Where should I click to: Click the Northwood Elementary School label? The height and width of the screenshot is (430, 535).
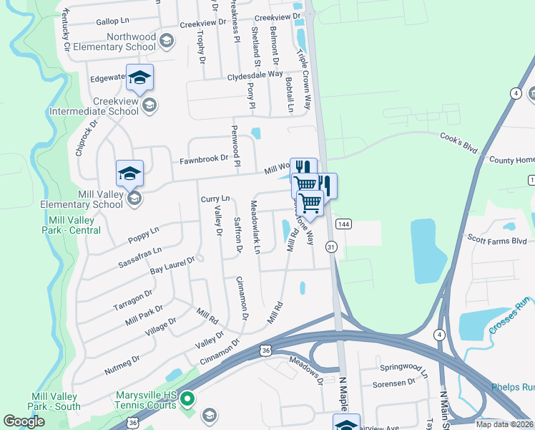(x=131, y=42)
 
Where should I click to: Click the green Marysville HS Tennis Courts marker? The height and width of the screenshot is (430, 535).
(x=187, y=398)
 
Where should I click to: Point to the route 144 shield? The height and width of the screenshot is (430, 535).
(x=343, y=224)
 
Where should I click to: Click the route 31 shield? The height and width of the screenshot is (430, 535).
(x=330, y=247)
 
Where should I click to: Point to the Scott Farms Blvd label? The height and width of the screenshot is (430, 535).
(x=496, y=242)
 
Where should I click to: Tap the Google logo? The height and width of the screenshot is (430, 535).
(x=24, y=421)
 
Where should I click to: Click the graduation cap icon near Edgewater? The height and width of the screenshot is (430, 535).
(x=141, y=77)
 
